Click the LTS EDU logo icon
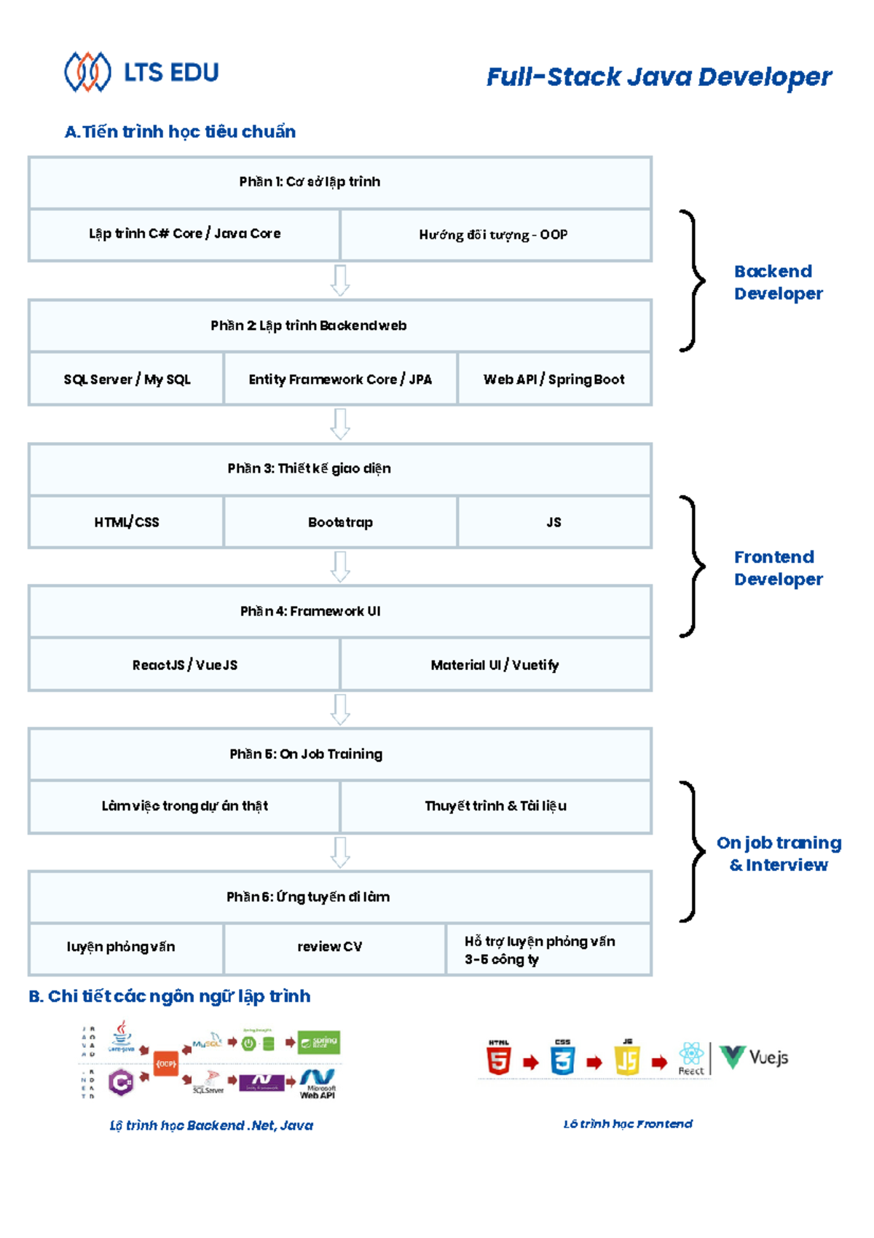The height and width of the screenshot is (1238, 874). pyautogui.click(x=87, y=72)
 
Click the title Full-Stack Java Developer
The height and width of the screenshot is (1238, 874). pyautogui.click(x=658, y=76)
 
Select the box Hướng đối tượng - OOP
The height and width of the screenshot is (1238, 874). pyautogui.click(x=495, y=234)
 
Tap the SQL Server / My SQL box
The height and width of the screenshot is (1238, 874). pyautogui.click(x=126, y=379)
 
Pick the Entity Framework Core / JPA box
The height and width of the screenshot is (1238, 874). pyautogui.click(x=340, y=379)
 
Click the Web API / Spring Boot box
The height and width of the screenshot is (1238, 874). pyautogui.click(x=554, y=379)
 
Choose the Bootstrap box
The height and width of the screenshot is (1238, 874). pyautogui.click(x=340, y=521)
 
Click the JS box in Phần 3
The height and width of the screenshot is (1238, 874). pyautogui.click(x=554, y=521)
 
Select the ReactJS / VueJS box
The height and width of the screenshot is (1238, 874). pyautogui.click(x=184, y=664)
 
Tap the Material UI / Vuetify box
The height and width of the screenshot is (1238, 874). pyautogui.click(x=495, y=664)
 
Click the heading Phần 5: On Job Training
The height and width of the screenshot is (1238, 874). pyautogui.click(x=306, y=754)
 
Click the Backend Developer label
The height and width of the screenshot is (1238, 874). pyautogui.click(x=778, y=282)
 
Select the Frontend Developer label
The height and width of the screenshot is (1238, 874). pyautogui.click(x=778, y=567)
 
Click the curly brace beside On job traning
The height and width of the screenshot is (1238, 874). pyautogui.click(x=693, y=851)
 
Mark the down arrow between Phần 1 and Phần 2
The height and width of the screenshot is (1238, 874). pyautogui.click(x=340, y=280)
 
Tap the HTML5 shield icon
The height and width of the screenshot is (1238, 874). pyautogui.click(x=499, y=1060)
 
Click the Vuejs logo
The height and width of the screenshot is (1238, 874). pyautogui.click(x=753, y=1057)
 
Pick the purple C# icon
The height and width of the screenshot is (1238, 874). pyautogui.click(x=121, y=1082)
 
